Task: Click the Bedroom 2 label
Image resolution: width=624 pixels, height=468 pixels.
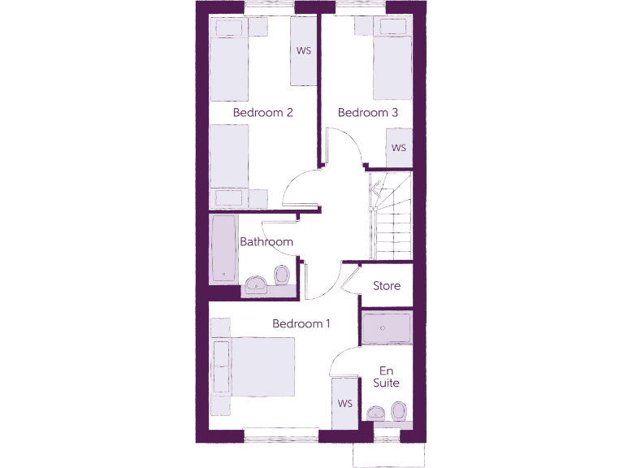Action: [262, 112]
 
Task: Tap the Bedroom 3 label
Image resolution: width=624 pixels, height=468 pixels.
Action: [367, 112]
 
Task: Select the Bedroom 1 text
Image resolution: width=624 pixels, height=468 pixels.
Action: [301, 323]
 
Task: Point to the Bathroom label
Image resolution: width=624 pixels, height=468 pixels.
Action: [266, 241]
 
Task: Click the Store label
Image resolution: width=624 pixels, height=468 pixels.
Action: [387, 286]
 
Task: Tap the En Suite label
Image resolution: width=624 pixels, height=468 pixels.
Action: [387, 376]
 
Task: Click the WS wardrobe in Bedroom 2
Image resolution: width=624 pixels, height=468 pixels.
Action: [304, 51]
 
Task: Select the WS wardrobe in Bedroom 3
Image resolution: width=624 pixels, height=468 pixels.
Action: [398, 148]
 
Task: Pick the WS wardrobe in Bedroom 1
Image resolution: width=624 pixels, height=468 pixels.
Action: [345, 403]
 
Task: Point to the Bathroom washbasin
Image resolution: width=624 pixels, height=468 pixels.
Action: [257, 284]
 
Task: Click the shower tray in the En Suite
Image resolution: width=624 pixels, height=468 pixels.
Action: [387, 328]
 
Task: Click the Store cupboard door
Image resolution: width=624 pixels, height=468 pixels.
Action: [351, 279]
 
